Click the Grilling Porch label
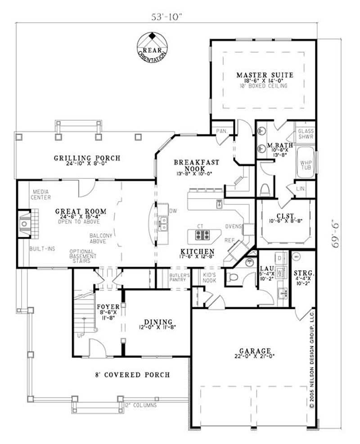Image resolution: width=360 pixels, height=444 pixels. (87, 158)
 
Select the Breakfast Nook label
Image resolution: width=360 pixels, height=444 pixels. (196, 165)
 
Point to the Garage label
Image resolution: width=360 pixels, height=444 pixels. (255, 351)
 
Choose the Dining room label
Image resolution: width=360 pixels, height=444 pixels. (158, 322)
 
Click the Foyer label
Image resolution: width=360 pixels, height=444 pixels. (108, 307)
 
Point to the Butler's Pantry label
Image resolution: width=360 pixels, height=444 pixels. (178, 277)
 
